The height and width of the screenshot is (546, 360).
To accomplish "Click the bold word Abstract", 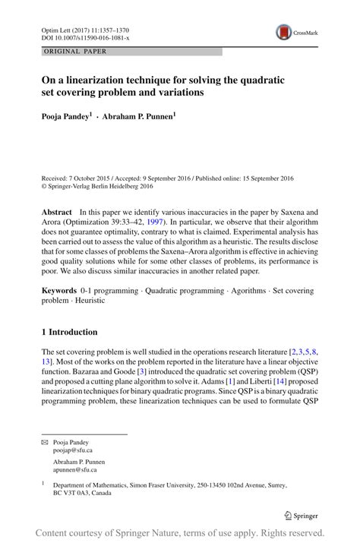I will click(57, 212).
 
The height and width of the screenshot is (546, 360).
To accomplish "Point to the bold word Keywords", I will click(60, 291).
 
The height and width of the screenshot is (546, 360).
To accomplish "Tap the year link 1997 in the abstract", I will click(169, 223).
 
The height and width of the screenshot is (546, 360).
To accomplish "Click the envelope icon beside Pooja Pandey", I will click(45, 441).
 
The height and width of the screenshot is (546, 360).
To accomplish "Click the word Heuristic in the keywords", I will click(91, 301).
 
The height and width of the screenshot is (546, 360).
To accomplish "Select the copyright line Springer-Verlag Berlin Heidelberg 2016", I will click(106, 184).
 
